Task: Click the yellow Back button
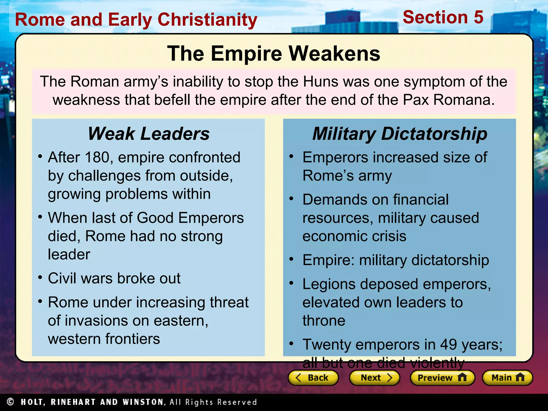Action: [313, 378]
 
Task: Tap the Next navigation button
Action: [374, 378]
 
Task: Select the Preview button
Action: [442, 378]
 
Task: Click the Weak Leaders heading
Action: [149, 134]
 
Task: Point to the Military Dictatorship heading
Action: [400, 134]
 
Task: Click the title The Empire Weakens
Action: [273, 53]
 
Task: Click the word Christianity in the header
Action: [207, 20]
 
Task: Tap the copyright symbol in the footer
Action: [10, 402]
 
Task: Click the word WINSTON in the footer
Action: [143, 402]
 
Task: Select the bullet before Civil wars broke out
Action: [40, 277]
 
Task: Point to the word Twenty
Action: [327, 345]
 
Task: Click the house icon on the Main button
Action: [520, 377]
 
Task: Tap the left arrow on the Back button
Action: [298, 378]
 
